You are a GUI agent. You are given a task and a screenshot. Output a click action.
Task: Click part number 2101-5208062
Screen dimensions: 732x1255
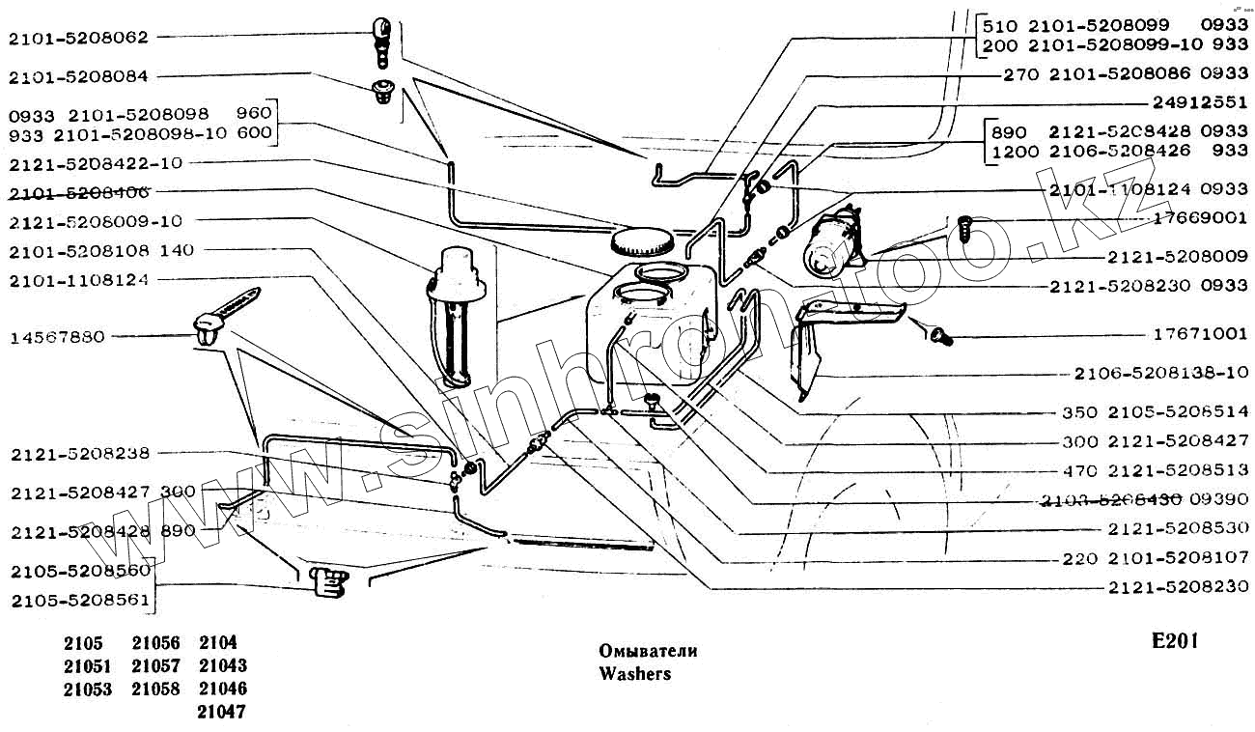click(x=78, y=38)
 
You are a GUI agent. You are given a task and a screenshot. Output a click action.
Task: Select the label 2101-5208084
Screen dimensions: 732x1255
click(x=78, y=76)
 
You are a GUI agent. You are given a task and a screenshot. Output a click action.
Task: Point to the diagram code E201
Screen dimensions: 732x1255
click(x=1174, y=642)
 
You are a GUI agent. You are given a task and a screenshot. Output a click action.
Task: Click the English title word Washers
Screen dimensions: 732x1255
click(x=634, y=674)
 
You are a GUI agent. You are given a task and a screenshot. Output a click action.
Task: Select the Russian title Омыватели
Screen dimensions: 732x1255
click(x=648, y=651)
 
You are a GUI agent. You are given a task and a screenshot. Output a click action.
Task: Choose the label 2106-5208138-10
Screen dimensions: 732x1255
click(x=1161, y=374)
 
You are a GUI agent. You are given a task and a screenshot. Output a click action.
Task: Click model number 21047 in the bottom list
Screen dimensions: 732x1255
click(x=222, y=713)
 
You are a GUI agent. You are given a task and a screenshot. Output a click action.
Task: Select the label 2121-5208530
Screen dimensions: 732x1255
click(x=1178, y=529)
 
